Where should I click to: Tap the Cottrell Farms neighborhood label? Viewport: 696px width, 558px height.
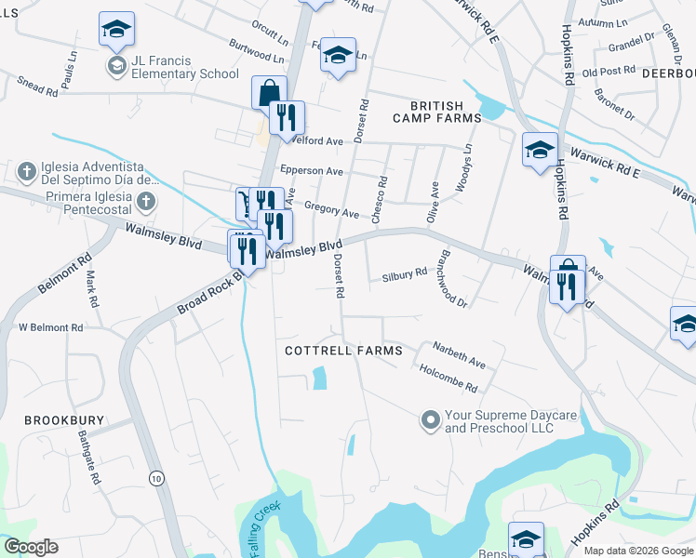tap(343, 351)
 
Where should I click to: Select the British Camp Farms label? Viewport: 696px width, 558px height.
tap(436, 112)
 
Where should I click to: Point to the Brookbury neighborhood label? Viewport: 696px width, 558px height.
tap(61, 420)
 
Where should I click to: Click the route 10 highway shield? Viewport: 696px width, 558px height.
tap(155, 477)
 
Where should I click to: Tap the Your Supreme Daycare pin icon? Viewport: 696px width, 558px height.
tap(430, 421)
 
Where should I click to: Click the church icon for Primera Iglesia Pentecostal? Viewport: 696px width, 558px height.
tap(144, 201)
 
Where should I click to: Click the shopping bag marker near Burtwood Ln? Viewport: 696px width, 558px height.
tap(268, 93)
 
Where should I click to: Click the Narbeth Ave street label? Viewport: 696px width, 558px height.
tap(459, 355)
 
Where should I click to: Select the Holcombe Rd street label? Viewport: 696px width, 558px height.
tap(448, 378)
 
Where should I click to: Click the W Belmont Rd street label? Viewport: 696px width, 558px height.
tap(51, 327)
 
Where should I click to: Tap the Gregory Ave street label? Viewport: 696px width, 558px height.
tap(331, 213)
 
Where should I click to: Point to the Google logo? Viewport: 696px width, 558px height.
tap(31, 547)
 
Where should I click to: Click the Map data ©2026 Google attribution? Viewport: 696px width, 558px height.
tap(639, 551)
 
